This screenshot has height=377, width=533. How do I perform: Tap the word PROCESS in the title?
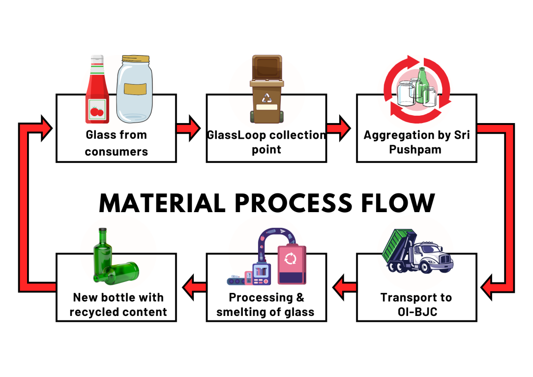[x=286, y=203]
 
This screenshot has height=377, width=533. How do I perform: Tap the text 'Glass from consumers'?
[x=117, y=143]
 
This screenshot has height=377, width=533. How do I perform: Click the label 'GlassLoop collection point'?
[x=266, y=142]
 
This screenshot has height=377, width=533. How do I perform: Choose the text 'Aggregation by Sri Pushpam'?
[x=416, y=142]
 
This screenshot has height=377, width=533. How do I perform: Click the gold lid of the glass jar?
[x=134, y=60]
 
